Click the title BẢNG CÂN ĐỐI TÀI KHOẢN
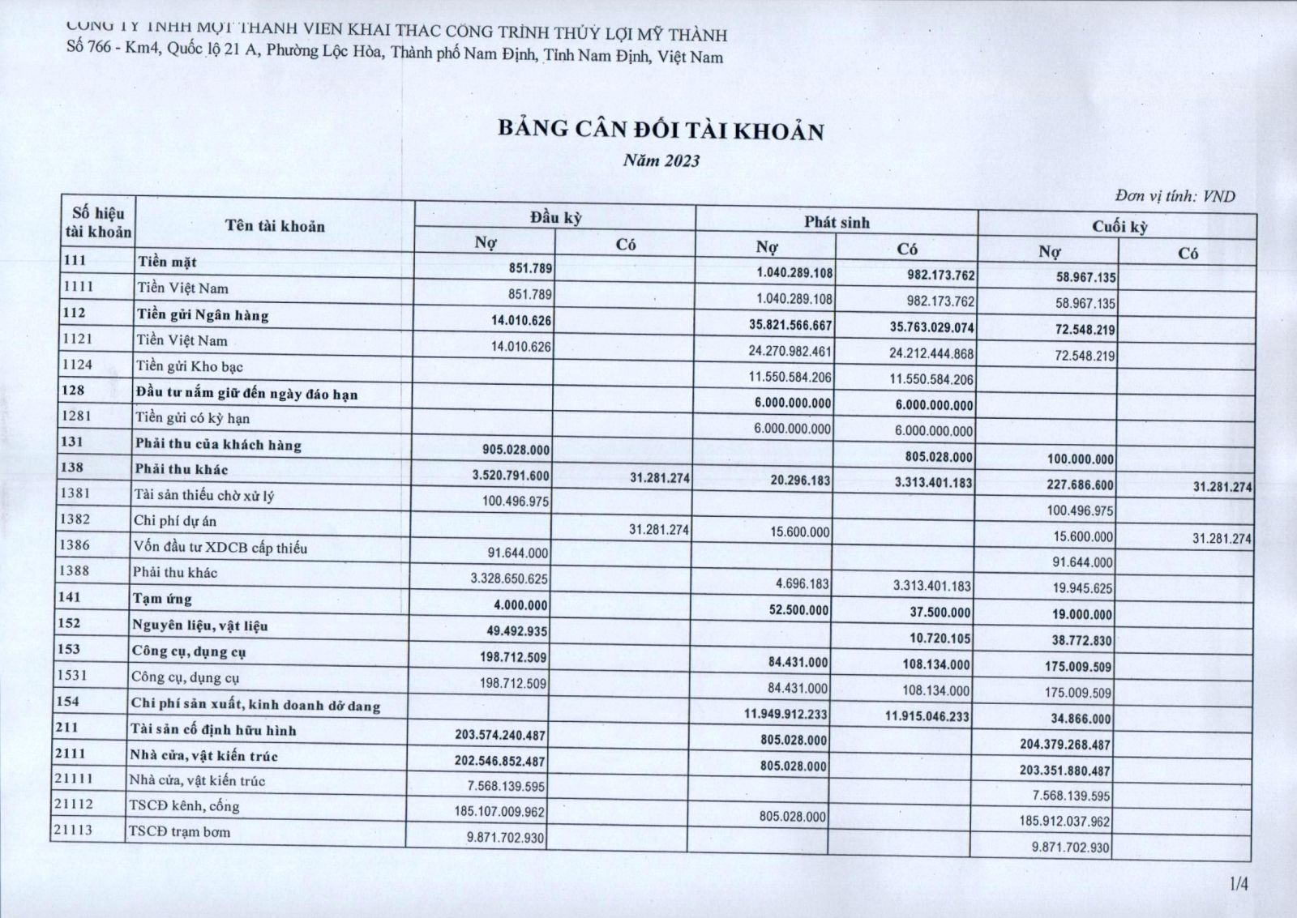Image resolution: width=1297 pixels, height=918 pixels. (661, 131)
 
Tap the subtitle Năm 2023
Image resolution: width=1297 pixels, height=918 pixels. (661, 160)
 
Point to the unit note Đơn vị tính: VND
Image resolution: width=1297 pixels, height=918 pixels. (1175, 196)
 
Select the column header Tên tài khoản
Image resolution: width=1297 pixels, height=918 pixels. (275, 226)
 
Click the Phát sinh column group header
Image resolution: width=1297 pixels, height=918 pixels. (837, 222)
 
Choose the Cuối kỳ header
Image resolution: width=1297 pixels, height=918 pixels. (1119, 226)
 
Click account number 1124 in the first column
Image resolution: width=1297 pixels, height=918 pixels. (78, 365)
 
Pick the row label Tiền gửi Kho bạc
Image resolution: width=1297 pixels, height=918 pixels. (189, 366)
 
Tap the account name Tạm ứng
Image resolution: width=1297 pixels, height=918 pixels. (162, 599)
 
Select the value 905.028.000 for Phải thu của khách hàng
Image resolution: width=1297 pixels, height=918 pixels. (516, 450)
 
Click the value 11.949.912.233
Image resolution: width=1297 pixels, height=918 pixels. (785, 714)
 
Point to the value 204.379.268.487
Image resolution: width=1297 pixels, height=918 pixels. (1065, 745)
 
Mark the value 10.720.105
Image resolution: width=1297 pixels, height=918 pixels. (940, 638)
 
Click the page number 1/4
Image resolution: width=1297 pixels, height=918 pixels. (1239, 884)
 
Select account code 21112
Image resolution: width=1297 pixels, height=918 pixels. (74, 805)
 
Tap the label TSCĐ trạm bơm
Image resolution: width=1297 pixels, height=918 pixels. (179, 832)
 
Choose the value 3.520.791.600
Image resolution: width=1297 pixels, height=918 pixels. (511, 476)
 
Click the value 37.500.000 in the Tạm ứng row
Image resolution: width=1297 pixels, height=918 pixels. (940, 613)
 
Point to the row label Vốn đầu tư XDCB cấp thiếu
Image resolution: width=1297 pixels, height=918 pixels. (220, 548)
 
